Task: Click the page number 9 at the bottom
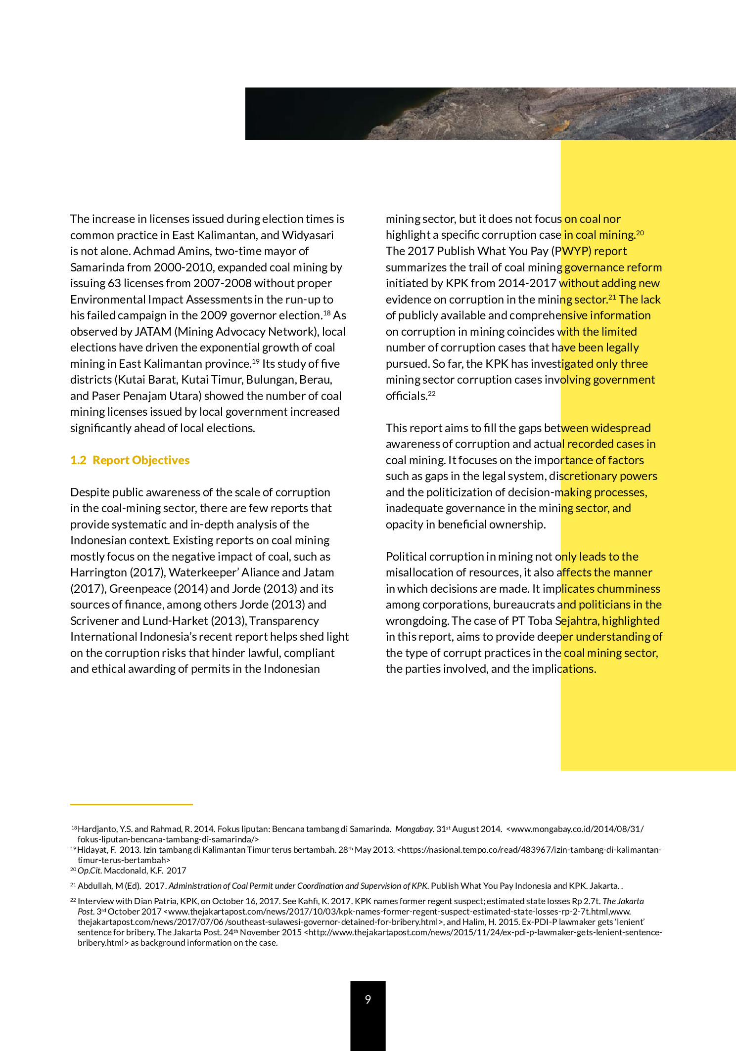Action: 368,1000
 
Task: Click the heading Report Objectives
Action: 141,460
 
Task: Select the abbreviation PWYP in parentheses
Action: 572,251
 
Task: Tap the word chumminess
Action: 628,589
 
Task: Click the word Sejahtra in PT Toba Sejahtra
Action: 577,621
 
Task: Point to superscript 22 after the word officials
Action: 432,394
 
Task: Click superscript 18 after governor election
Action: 326,313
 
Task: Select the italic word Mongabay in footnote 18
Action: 414,829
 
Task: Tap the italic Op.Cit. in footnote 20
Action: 90,871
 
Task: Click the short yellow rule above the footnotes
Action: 131,805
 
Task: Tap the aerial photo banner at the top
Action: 490,114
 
